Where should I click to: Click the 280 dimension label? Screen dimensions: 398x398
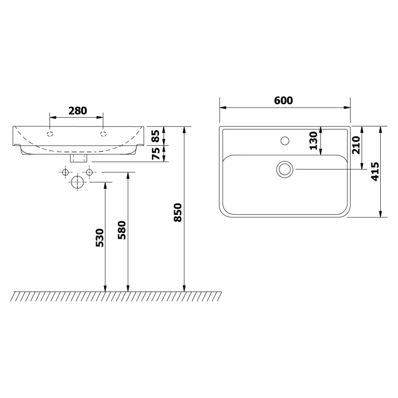click(x=77, y=111)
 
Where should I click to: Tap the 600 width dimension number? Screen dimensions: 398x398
click(x=283, y=101)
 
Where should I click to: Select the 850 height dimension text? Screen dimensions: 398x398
click(x=177, y=212)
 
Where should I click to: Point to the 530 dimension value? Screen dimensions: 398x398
click(x=99, y=238)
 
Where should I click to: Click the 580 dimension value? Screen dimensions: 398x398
click(x=122, y=230)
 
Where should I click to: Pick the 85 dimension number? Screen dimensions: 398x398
click(x=155, y=136)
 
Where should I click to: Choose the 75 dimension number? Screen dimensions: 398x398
click(x=156, y=154)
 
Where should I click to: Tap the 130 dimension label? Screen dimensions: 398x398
click(x=313, y=140)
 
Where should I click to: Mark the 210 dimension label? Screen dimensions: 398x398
click(x=356, y=145)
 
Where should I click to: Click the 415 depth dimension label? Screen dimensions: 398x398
click(x=375, y=172)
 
